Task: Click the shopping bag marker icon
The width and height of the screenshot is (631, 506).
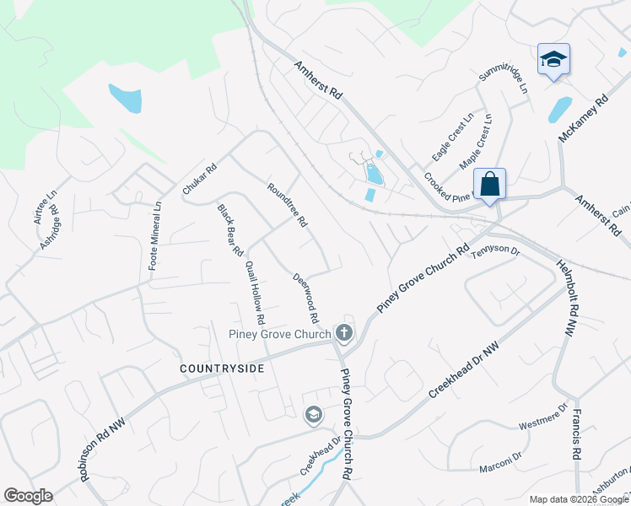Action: [x=489, y=184]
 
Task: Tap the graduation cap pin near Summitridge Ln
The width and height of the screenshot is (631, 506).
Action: [x=553, y=59]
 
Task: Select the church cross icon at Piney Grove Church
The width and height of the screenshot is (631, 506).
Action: [x=343, y=333]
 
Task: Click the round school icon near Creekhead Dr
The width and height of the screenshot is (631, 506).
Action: [x=313, y=414]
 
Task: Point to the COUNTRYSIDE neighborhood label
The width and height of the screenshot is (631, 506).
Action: [x=222, y=369]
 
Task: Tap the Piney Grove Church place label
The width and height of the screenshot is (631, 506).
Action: [x=279, y=334]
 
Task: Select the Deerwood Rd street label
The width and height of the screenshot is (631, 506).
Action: [x=305, y=299]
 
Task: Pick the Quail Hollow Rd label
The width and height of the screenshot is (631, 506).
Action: [x=255, y=293]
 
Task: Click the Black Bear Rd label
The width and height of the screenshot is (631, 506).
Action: [x=229, y=230]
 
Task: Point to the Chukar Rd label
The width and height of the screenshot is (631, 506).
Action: [x=200, y=180]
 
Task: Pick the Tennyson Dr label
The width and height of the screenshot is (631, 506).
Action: [x=496, y=251]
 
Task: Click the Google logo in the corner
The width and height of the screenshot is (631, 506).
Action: [x=28, y=496]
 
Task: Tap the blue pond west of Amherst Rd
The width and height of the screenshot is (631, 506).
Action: [x=125, y=99]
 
